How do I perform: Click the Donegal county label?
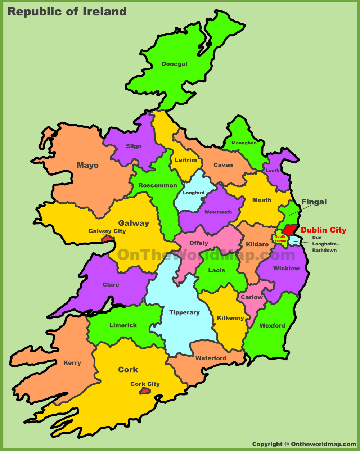click(174, 64)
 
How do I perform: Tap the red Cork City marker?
click(145, 391)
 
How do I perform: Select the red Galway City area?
click(108, 238)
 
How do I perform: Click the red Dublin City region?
click(290, 230)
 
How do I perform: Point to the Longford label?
click(194, 193)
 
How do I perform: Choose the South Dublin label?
click(280, 239)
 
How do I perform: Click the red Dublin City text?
click(323, 230)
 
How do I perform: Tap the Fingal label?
click(314, 202)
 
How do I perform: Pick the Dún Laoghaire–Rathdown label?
click(324, 244)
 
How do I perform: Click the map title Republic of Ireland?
click(67, 12)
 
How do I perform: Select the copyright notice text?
click(304, 444)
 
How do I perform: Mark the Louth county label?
click(273, 170)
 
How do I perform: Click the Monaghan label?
click(244, 143)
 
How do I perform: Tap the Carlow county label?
click(252, 297)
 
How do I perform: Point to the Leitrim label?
click(186, 160)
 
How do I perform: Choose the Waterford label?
click(211, 358)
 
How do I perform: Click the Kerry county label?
click(72, 363)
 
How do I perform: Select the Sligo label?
click(134, 146)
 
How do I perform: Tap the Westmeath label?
click(218, 212)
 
